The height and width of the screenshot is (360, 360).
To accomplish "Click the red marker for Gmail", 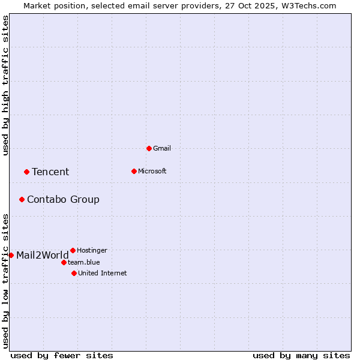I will pos(149,148).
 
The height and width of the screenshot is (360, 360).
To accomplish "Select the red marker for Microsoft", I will pos(134,171).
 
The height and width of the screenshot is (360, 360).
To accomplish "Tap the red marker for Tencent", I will pos(26,172).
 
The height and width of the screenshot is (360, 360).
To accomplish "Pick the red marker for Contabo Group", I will pos(22,199).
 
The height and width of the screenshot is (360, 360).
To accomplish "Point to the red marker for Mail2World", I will pos(11,255).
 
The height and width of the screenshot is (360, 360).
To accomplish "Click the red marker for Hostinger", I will pos(73,250).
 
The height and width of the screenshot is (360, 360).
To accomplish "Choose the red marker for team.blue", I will pos(64,262).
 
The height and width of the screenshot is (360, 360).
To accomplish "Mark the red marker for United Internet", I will pos(74,273).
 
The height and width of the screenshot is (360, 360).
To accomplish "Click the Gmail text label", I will pos(162,148).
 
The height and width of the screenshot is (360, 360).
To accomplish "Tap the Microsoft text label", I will pos(152,171).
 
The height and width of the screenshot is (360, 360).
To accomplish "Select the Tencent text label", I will pos(50,172).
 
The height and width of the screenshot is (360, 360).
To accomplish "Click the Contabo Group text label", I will pos(63,200).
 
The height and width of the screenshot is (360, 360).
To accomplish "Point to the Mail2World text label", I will pos(43,256).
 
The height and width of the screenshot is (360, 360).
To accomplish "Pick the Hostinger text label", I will pos(92,250).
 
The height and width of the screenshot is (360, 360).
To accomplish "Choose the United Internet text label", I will pos(103,273).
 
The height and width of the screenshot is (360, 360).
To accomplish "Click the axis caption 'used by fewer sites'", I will pos(62,355).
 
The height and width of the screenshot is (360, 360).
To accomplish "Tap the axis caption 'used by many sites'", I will pos(301,355).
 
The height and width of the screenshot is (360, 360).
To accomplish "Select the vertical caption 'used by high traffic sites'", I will pos(5,86).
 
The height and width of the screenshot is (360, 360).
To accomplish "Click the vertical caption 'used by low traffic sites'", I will pos(5,281).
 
